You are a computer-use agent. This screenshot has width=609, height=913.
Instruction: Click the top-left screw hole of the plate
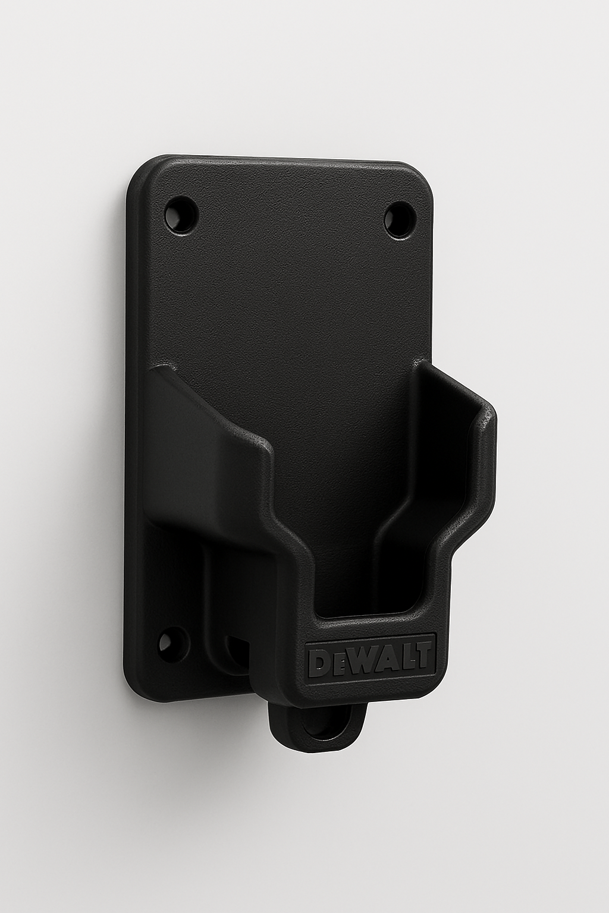click(180, 213)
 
